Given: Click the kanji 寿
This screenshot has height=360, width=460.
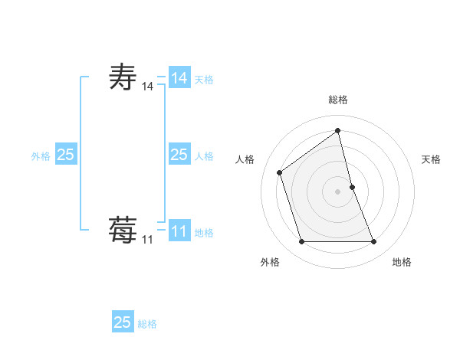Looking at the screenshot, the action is [x=123, y=78].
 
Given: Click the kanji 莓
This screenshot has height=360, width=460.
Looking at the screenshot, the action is [x=123, y=230].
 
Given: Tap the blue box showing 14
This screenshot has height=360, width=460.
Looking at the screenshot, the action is [x=179, y=78].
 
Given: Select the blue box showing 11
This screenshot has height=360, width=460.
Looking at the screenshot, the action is [x=179, y=231].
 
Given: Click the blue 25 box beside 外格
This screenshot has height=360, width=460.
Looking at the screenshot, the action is [x=65, y=155].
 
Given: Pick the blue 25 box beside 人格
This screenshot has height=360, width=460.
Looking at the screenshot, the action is [x=179, y=155].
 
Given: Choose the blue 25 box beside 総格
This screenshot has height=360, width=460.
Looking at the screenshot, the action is [x=123, y=322].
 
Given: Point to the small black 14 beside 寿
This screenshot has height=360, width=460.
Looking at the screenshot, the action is [x=147, y=87].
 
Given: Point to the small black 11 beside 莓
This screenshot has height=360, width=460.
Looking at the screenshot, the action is [x=147, y=240].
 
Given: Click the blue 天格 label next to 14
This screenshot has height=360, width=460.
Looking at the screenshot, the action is [x=204, y=80].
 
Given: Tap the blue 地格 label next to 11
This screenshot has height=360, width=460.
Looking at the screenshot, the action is [x=204, y=233].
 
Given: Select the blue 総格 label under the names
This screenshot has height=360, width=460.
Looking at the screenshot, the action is [x=147, y=324].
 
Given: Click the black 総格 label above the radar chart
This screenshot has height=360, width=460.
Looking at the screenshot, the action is [x=338, y=100].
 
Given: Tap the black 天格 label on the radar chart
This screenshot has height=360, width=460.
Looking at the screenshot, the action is [x=431, y=159].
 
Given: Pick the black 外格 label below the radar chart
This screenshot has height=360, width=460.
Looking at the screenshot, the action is [x=270, y=262].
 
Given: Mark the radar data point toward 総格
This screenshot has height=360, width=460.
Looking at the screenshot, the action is [x=338, y=130].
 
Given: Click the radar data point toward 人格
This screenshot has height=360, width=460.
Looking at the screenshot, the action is [x=280, y=172].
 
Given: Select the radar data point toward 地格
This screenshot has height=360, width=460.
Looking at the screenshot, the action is [x=374, y=242].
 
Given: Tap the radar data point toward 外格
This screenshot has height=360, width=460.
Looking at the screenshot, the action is [x=301, y=242].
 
